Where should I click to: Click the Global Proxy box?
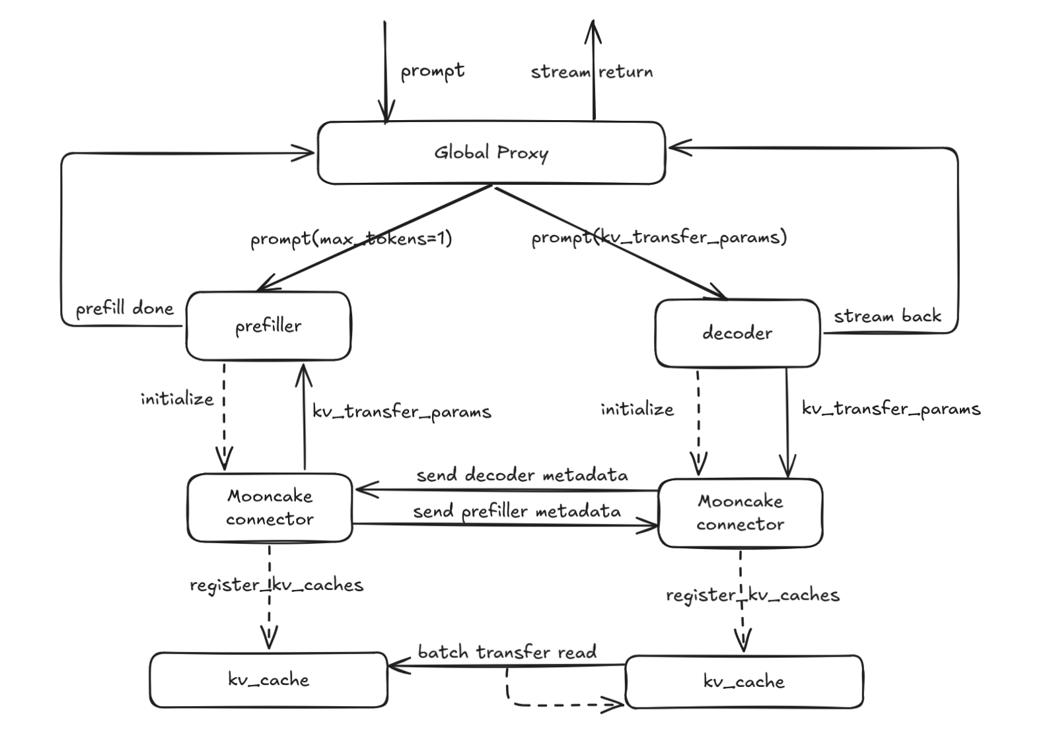(491, 152)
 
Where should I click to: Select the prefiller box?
(268, 326)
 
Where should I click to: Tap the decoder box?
(737, 333)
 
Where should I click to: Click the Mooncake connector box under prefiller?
(270, 507)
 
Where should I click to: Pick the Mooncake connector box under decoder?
(740, 513)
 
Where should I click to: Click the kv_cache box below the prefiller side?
(268, 680)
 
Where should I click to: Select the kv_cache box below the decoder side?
(744, 682)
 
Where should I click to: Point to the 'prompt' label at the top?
(433, 71)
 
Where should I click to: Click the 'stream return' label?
(592, 72)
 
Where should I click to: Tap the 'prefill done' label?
(124, 309)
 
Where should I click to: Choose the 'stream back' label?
(887, 316)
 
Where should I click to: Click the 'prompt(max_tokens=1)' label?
(351, 238)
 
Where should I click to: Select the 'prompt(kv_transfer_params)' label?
(659, 237)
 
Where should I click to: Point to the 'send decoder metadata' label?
(522, 475)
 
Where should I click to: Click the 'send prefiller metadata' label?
(517, 511)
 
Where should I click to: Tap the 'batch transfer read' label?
(507, 653)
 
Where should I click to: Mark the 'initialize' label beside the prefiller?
(177, 399)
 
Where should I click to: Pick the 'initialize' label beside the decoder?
(637, 409)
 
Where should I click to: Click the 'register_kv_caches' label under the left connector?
(276, 585)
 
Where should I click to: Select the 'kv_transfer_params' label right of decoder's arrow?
(891, 408)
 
